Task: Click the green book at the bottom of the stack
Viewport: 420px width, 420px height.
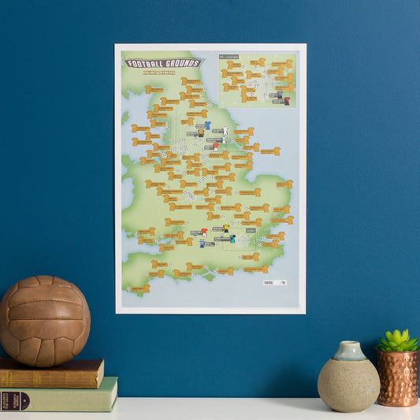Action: tap(59, 396)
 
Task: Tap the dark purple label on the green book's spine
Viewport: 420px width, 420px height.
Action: tap(16, 400)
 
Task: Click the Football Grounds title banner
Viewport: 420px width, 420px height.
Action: tap(162, 62)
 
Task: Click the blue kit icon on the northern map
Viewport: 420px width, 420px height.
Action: tap(207, 125)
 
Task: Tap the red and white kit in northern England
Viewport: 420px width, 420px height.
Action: tap(215, 147)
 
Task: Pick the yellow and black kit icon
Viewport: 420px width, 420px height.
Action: tap(226, 229)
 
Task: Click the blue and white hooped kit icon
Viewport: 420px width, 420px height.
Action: tap(202, 243)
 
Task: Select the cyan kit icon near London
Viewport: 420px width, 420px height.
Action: tap(232, 238)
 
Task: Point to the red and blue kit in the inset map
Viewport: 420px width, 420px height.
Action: tap(287, 100)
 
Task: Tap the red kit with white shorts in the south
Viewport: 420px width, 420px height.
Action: tap(205, 232)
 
